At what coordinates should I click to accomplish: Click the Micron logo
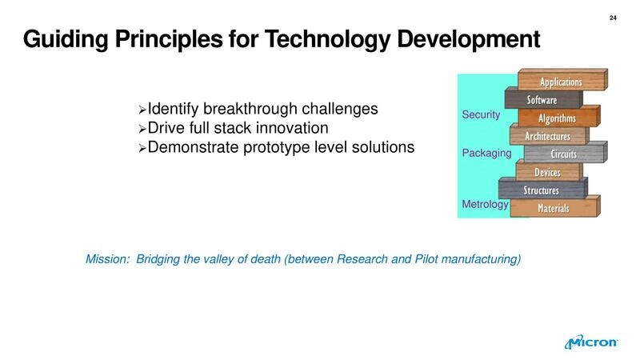(592, 342)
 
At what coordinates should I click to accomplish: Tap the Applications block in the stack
(561, 82)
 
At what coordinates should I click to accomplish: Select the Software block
(542, 100)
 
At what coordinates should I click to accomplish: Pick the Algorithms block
(557, 118)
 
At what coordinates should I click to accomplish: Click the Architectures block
(547, 137)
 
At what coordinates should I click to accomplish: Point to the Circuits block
(563, 154)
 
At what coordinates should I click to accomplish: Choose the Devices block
(547, 173)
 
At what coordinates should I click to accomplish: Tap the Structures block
(541, 190)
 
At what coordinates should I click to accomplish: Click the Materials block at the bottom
(553, 209)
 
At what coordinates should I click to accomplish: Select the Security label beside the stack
(481, 115)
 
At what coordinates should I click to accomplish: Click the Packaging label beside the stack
(486, 153)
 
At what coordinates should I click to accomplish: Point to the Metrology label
(485, 205)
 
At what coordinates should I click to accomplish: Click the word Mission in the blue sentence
(106, 259)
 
